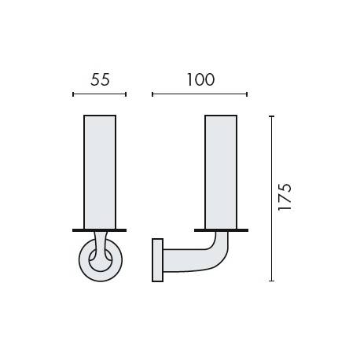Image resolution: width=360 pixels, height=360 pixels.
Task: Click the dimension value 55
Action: click(100, 79)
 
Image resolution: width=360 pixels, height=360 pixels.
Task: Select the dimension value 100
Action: click(199, 79)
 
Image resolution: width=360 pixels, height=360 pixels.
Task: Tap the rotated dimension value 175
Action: click(285, 197)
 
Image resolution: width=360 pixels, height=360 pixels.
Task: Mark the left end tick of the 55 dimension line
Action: click(73, 94)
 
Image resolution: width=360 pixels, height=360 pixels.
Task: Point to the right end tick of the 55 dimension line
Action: click(126, 94)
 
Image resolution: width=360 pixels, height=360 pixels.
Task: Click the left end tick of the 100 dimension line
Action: click(152, 94)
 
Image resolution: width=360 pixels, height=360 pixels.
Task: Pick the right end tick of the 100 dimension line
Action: click(247, 94)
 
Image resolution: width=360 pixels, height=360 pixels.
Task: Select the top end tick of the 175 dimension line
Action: click(271, 116)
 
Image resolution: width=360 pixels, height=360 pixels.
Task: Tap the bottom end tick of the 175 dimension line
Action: click(271, 281)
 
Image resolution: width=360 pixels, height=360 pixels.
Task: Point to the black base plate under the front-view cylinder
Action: click(100, 230)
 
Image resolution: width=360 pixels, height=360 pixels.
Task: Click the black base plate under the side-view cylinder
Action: click(221, 230)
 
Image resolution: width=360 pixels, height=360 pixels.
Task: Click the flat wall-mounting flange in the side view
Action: click(156, 259)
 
